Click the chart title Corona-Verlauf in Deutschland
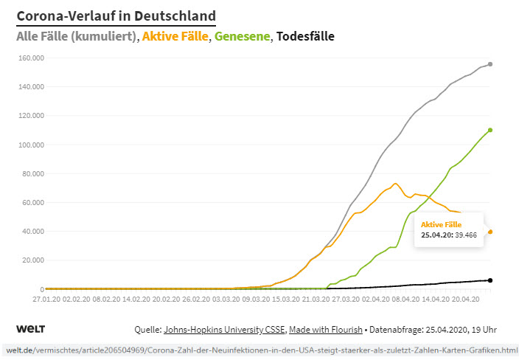pos(116,15)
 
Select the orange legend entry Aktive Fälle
pos(175,35)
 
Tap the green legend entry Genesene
pos(243,35)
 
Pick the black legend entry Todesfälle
pos(305,35)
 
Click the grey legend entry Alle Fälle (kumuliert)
pos(75,35)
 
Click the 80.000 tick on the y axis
pos(31,173)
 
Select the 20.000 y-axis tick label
pos(31,260)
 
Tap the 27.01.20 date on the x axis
pos(46,300)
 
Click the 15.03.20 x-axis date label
pos(286,300)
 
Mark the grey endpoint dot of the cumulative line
pos(490,64)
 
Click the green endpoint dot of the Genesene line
pos(490,130)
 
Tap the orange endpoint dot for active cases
pos(490,232)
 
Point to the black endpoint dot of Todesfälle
pos(490,280)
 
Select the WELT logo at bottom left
pos(30,328)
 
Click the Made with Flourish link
pos(326,330)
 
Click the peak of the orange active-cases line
pos(395,184)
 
